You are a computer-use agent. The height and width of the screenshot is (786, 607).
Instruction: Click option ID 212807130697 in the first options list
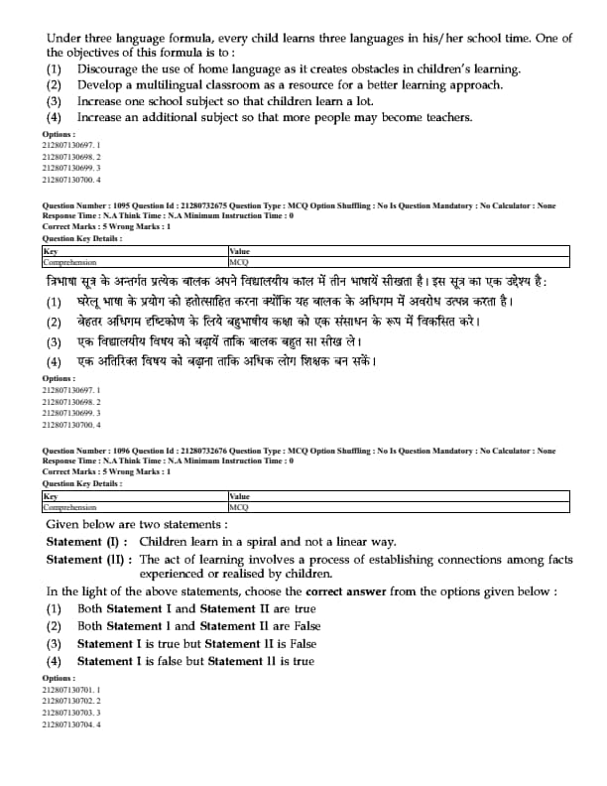(x=71, y=145)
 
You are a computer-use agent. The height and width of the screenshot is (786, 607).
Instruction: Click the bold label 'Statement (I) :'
(x=87, y=542)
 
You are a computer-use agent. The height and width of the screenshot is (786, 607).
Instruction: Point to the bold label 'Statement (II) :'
(x=89, y=560)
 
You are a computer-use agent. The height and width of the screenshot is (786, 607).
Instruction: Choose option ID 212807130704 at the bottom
(x=71, y=724)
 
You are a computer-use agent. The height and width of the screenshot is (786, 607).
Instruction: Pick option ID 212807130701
(x=71, y=689)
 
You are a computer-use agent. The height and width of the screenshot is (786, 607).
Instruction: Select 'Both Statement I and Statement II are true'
(x=196, y=609)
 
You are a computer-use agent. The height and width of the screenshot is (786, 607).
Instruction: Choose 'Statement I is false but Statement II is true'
(x=195, y=662)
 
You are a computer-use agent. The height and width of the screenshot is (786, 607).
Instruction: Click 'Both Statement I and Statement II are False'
(x=198, y=626)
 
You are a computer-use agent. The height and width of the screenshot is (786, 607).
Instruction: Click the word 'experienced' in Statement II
(x=177, y=574)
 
